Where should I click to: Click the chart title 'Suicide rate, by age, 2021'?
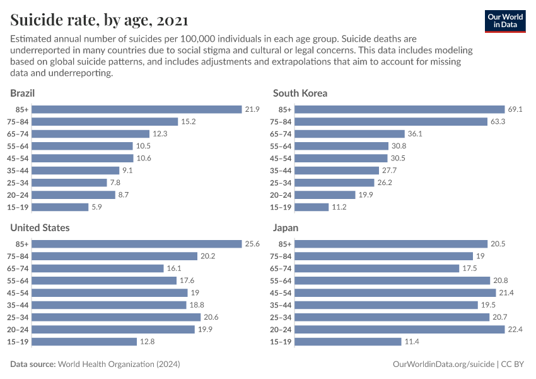(98, 21)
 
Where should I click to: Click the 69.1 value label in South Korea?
(515, 109)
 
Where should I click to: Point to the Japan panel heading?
(286, 227)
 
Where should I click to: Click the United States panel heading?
(40, 227)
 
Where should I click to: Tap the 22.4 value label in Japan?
(515, 329)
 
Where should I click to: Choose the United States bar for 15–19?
(84, 342)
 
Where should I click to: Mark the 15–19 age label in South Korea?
(281, 207)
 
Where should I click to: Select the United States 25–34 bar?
(116, 317)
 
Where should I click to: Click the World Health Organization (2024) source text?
(119, 364)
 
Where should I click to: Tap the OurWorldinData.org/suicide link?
(443, 364)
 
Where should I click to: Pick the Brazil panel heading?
(22, 93)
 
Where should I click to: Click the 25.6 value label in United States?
(252, 244)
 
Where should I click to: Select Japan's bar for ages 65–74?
(377, 268)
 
